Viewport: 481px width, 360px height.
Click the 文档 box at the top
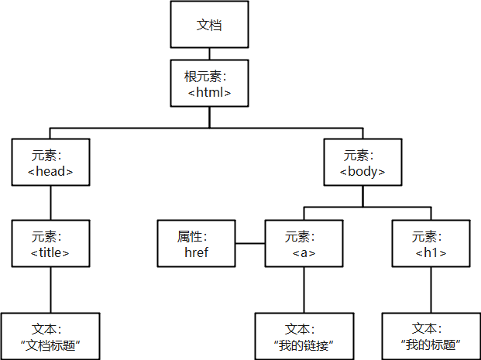click(209, 25)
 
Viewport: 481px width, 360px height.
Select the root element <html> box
click(209, 84)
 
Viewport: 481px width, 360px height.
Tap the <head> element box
click(50, 163)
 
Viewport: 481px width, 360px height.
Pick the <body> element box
click(362, 163)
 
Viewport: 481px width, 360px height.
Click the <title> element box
click(50, 243)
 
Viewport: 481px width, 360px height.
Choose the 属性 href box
click(197, 243)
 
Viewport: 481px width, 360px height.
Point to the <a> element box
click(304, 243)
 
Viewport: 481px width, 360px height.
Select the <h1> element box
click(431, 243)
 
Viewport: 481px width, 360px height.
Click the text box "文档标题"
click(50, 336)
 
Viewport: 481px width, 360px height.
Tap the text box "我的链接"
click(304, 336)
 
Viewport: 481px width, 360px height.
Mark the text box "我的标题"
click(431, 336)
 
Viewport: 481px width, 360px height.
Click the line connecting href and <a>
click(250, 244)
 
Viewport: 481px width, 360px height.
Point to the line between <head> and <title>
click(50, 203)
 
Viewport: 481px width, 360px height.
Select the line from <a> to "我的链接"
click(304, 290)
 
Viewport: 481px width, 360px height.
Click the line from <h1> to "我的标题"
click(431, 290)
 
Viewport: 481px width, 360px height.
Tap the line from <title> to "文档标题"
click(50, 290)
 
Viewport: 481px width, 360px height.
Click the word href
click(197, 252)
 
